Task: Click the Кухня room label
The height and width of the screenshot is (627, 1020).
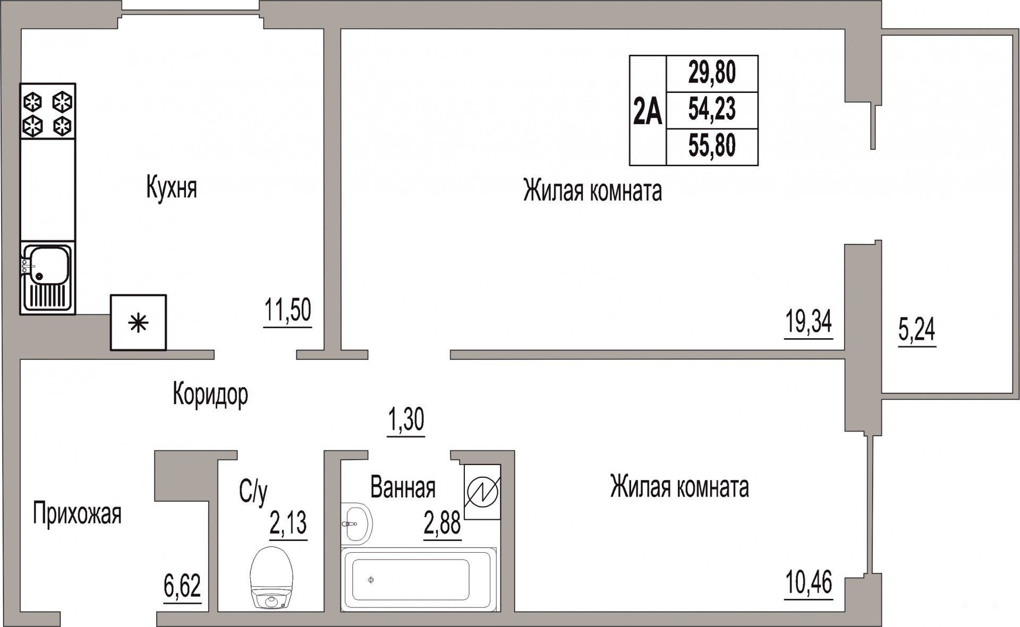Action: tap(172, 188)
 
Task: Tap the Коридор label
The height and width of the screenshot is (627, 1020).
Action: tap(210, 395)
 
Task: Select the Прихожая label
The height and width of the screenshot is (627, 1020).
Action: tap(77, 513)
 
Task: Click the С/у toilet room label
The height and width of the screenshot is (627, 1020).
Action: tap(253, 493)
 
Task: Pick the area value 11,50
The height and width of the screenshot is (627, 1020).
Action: tap(287, 311)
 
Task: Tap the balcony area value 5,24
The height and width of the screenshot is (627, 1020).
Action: tap(917, 330)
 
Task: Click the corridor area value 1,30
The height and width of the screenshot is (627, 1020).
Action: tap(406, 420)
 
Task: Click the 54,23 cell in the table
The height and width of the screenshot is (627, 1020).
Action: tap(712, 109)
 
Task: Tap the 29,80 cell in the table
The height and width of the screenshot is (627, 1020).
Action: tap(712, 73)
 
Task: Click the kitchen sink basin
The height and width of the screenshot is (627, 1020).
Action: tap(49, 267)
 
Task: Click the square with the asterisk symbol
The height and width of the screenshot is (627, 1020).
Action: tap(138, 323)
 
